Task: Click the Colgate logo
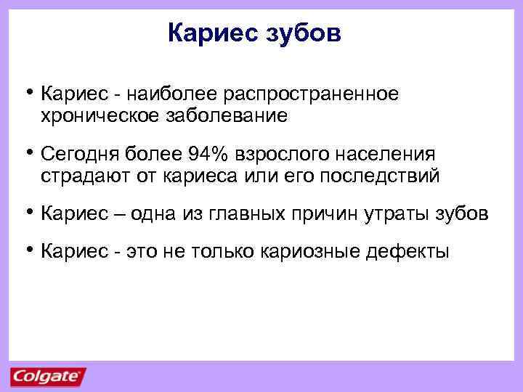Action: [48, 377]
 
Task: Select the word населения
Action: [387, 155]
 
